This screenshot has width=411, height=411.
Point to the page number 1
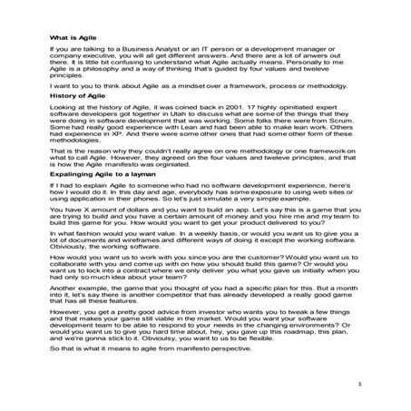359,386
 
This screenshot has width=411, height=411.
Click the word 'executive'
108,60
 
